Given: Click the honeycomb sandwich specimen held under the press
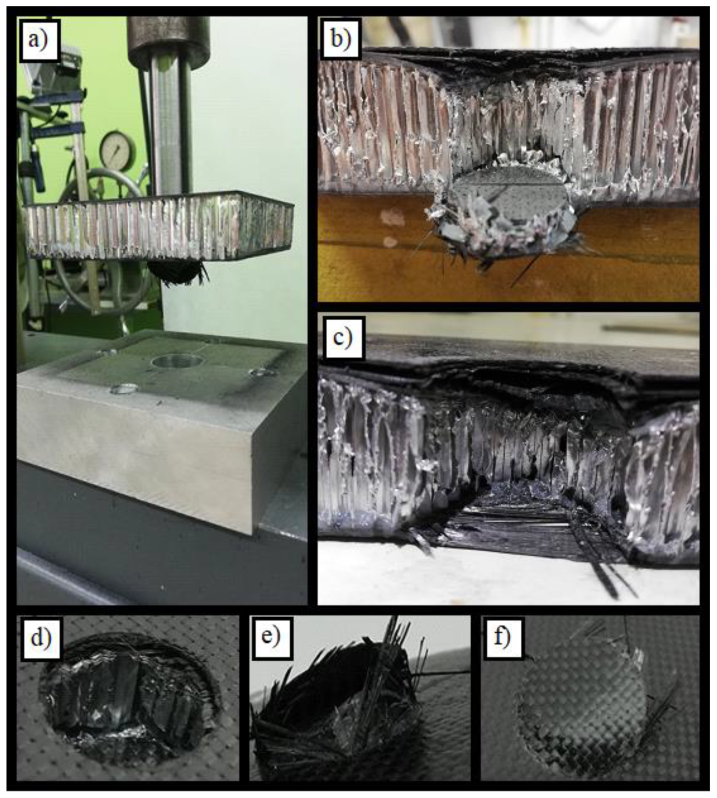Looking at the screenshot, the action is click(x=158, y=224).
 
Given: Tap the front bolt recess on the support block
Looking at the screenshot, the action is click(x=124, y=389).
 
